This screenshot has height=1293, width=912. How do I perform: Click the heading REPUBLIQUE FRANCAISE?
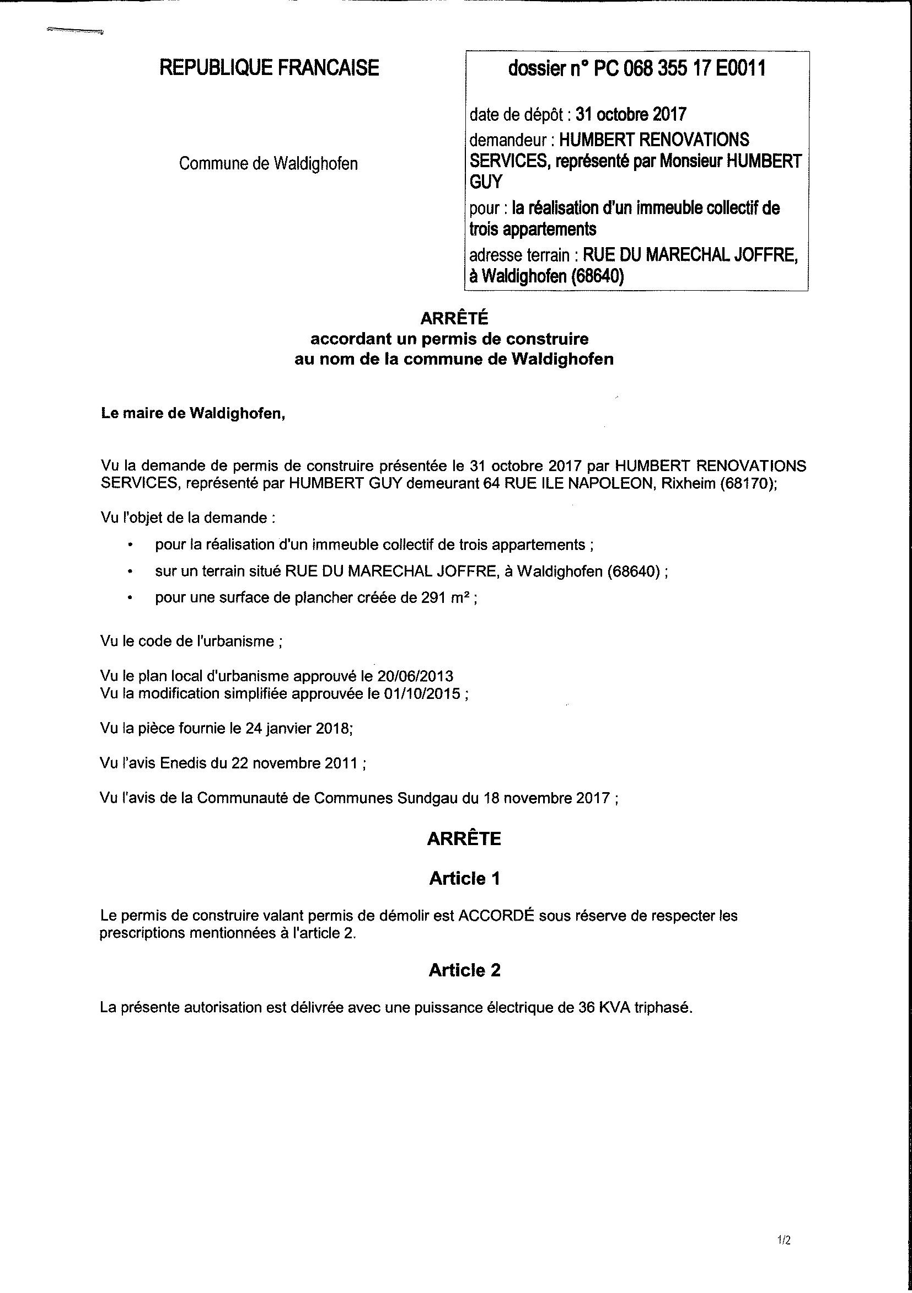tap(269, 68)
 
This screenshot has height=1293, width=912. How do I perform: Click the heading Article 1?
tap(464, 879)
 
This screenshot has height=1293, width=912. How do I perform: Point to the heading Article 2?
tap(464, 970)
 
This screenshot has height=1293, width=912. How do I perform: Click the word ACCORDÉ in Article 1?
tap(495, 916)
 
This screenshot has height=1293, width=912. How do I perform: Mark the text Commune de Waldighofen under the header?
tap(269, 164)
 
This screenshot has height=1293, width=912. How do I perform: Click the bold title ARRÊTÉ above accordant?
tap(454, 318)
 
